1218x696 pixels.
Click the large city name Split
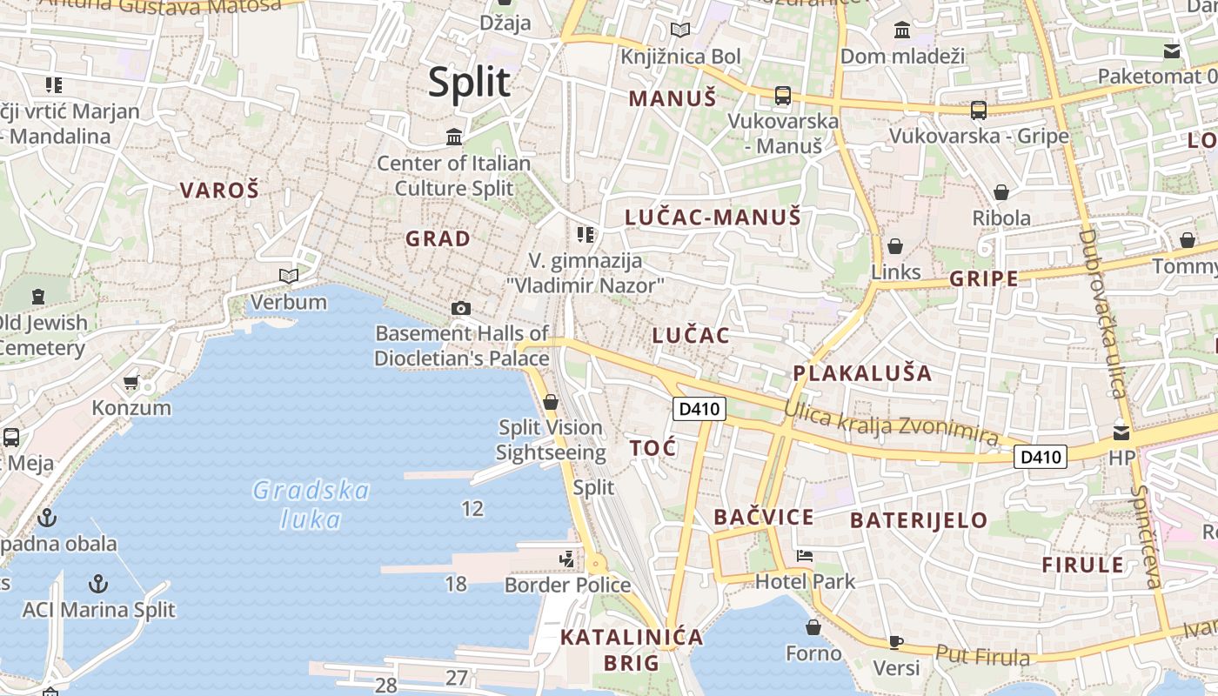469,83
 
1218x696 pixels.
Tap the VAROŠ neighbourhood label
219,190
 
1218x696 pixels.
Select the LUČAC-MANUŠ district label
713,217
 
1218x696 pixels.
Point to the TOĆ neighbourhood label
652,448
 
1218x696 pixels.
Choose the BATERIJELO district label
919,521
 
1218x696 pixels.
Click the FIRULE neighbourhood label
1083,565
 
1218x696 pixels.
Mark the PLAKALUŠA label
861,374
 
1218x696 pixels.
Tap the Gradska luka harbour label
311,505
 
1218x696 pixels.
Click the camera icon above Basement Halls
461,308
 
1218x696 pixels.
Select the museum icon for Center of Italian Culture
453,137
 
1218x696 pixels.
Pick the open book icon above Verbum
288,277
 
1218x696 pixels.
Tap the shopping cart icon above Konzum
131,382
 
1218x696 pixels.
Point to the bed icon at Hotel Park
805,556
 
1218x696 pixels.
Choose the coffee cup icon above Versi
896,642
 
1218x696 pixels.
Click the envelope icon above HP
1121,432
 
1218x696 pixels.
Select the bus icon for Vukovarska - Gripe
979,110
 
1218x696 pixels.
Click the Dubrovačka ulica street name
1102,313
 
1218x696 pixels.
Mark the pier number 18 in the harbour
456,584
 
